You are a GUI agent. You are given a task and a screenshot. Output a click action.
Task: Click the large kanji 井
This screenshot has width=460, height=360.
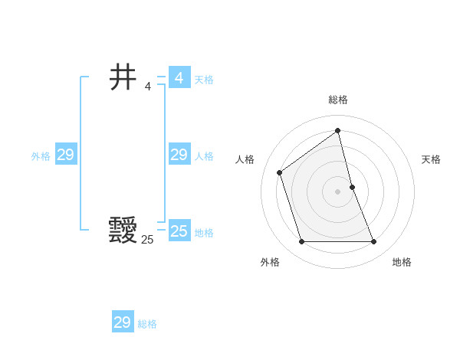(123, 77)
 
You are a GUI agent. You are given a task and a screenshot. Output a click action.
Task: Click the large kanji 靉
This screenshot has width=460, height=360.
(123, 230)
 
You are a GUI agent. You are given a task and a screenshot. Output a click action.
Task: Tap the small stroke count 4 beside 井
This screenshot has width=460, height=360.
(148, 86)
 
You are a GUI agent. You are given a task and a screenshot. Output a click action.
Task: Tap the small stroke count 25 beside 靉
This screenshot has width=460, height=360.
(147, 240)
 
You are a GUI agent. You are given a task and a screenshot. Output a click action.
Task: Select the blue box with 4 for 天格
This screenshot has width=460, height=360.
(179, 78)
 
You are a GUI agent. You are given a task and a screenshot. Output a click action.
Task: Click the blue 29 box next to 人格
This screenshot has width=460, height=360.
(179, 155)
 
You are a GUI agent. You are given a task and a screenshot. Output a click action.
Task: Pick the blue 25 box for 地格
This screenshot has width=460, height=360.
(179, 231)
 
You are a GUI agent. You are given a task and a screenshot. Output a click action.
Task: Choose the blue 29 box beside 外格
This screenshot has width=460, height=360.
(65, 155)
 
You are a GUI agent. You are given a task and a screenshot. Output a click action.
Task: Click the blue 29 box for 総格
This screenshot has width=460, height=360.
(122, 322)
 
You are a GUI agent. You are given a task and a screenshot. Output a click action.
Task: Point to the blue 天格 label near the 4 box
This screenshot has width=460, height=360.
(204, 80)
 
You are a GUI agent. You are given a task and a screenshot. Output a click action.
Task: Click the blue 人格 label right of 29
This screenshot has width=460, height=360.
(204, 156)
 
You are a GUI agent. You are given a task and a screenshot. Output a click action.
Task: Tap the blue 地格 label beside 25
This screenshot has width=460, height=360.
(204, 233)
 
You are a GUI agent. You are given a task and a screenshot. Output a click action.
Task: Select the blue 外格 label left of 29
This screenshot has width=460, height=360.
(41, 156)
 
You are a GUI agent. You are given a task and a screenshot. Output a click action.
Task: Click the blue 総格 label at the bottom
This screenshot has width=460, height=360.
(147, 324)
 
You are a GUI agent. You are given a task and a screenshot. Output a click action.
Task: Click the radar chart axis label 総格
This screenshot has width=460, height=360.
(337, 100)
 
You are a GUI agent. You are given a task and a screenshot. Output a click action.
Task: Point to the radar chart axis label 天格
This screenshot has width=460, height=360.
(431, 159)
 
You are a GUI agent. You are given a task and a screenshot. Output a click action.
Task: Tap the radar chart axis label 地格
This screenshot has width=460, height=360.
(402, 262)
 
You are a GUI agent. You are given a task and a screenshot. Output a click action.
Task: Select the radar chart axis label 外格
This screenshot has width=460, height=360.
(270, 262)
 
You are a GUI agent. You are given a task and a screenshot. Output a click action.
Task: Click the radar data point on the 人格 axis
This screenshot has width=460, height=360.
(280, 172)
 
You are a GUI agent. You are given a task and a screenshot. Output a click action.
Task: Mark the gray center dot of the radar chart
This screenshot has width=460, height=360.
(337, 191)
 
